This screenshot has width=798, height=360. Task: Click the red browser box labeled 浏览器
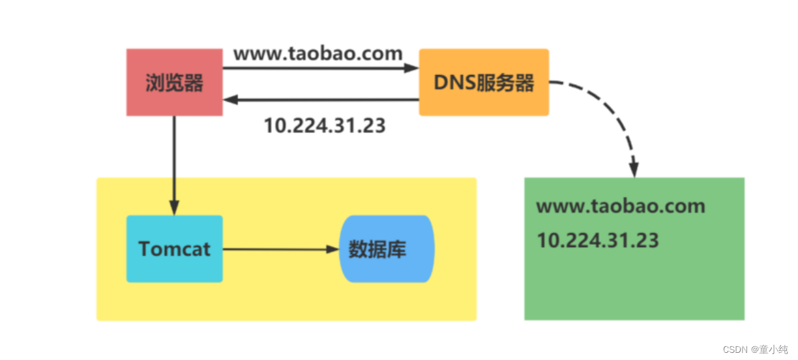click(x=174, y=83)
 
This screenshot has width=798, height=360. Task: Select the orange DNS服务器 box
click(x=484, y=82)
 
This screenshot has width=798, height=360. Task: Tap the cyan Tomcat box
click(x=174, y=248)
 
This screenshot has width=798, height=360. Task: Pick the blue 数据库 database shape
click(x=387, y=248)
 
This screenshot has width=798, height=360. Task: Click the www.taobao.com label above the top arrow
click(x=318, y=53)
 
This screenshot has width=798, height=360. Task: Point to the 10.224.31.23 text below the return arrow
click(x=325, y=125)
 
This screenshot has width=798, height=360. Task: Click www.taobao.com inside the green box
click(x=621, y=207)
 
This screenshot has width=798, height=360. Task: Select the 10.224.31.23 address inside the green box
click(x=598, y=240)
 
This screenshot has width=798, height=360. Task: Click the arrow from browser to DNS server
click(x=319, y=68)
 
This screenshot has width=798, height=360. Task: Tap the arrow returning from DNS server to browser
click(x=319, y=100)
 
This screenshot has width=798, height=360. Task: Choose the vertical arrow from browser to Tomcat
click(x=174, y=163)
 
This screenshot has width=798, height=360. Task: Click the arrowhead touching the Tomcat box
click(x=174, y=208)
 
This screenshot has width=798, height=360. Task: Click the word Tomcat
click(x=174, y=248)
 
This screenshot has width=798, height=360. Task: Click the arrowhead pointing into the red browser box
click(x=230, y=100)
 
